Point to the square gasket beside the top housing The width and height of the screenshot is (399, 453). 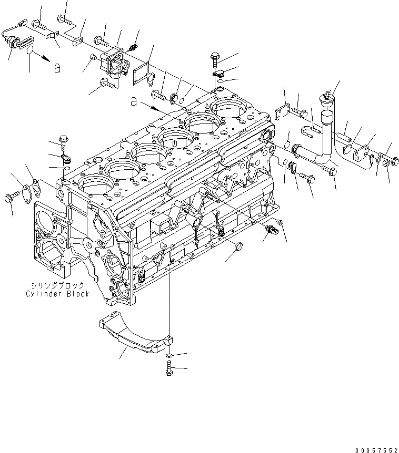[x=142, y=71]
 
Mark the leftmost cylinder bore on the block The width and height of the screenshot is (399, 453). [x=95, y=187]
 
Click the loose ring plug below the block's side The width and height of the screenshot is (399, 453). [x=237, y=246]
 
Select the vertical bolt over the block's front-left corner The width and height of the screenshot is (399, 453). [x=64, y=140]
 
